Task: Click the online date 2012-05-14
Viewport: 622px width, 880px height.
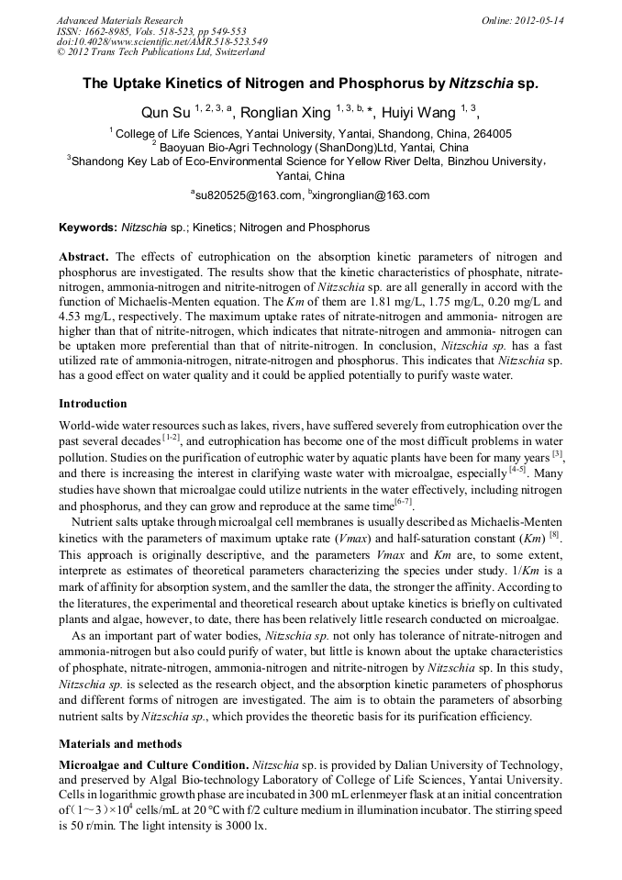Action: click(541, 19)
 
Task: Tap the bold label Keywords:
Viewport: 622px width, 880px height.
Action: click(88, 228)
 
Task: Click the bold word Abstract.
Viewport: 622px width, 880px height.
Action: click(84, 257)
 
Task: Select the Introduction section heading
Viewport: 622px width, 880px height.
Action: click(93, 403)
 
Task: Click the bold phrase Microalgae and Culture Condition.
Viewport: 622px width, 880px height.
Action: click(153, 763)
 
